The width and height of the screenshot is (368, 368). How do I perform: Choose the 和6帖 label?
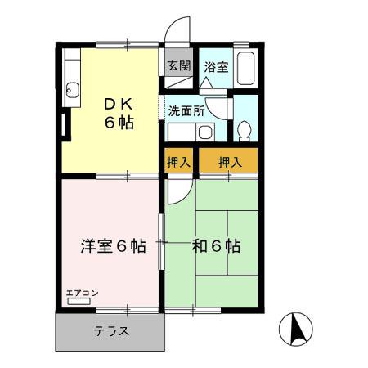coord(217,245)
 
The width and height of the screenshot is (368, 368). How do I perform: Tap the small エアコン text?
coord(82,292)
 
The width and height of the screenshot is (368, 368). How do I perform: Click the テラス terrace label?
coord(110,332)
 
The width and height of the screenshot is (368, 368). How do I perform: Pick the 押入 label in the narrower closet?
coord(178,162)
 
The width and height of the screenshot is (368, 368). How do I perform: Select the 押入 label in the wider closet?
coord(230,162)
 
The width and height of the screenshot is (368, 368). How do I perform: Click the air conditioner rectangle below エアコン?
coord(79,302)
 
